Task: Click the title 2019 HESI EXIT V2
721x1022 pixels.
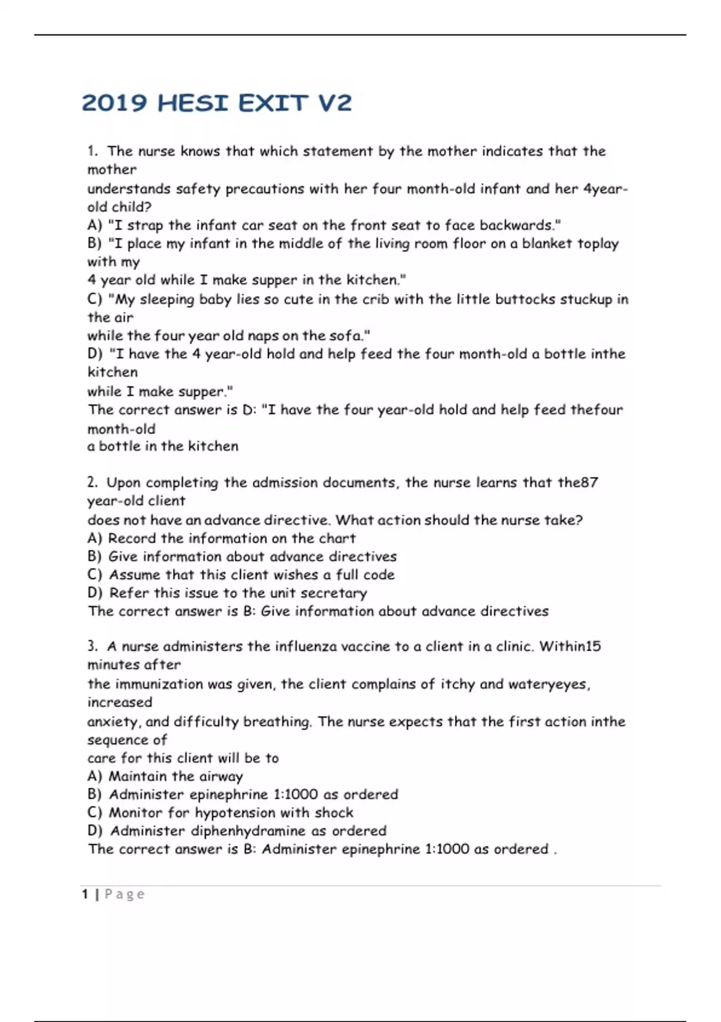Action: (x=216, y=103)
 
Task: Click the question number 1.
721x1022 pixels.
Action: (x=92, y=151)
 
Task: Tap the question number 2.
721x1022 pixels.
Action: (x=92, y=483)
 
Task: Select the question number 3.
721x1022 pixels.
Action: (x=92, y=647)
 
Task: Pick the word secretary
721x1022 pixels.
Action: (x=333, y=593)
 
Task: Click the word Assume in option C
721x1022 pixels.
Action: (x=134, y=575)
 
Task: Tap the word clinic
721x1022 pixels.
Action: (x=514, y=647)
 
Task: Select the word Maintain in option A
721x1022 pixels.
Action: (x=138, y=776)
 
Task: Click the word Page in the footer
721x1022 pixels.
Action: (x=125, y=895)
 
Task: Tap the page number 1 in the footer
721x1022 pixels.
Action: (x=85, y=895)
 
